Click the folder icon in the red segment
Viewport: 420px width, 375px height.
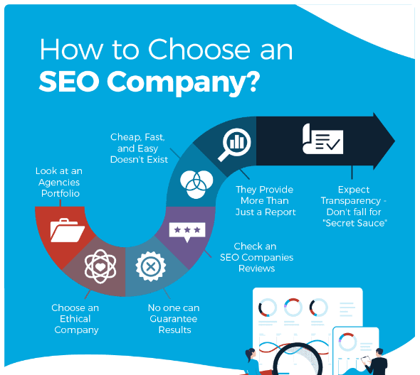pyautogui.click(x=68, y=230)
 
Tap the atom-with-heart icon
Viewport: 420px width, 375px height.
pyautogui.click(x=100, y=266)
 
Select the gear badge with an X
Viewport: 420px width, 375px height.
pyautogui.click(x=150, y=266)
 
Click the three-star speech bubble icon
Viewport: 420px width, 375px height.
pyautogui.click(x=187, y=232)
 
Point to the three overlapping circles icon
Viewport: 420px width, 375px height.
pyautogui.click(x=196, y=185)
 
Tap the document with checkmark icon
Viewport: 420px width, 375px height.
pyautogui.click(x=322, y=139)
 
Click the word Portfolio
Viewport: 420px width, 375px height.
pyautogui.click(x=61, y=193)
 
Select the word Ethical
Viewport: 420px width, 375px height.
pyautogui.click(x=75, y=319)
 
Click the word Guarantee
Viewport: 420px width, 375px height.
pyautogui.click(x=174, y=319)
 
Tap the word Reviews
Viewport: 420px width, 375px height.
pyautogui.click(x=256, y=268)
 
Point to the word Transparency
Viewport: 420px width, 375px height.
pyautogui.click(x=351, y=201)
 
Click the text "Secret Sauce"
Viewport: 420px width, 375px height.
pyautogui.click(x=355, y=223)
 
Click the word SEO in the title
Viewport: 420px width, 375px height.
pyautogui.click(x=69, y=81)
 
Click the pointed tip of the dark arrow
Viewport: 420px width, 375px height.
pyautogui.click(x=394, y=141)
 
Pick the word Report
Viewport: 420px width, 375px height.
pyautogui.click(x=280, y=212)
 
